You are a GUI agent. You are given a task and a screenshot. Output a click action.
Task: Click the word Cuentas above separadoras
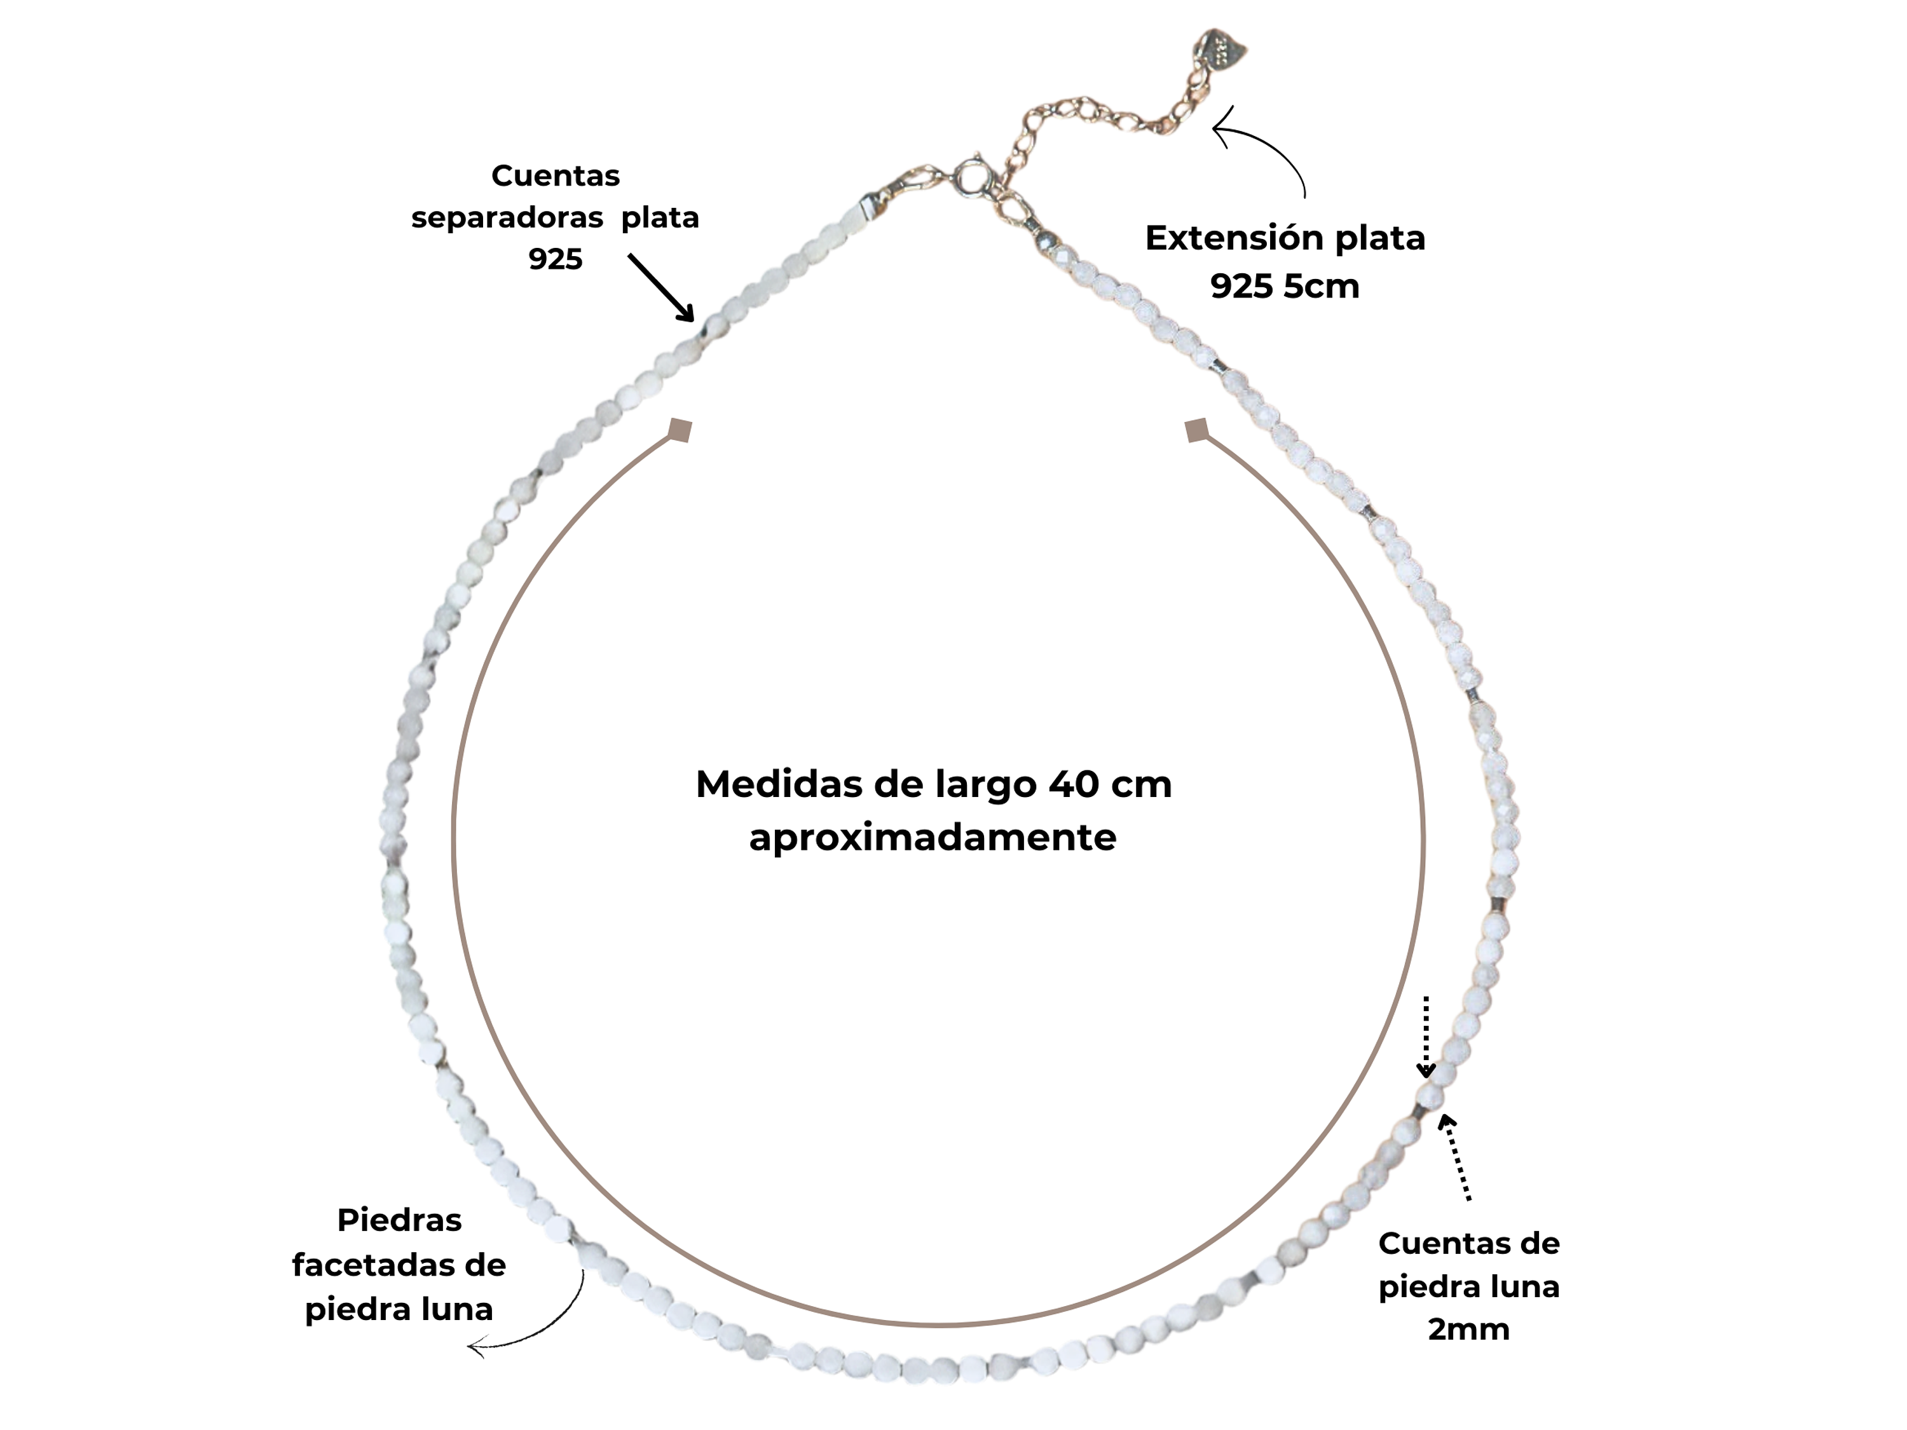pyautogui.click(x=555, y=176)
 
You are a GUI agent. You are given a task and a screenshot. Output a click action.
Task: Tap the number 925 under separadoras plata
pyautogui.click(x=555, y=259)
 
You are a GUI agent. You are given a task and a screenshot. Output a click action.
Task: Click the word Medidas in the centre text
pyautogui.click(x=763, y=784)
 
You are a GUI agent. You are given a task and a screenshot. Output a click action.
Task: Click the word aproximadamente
pyautogui.click(x=933, y=837)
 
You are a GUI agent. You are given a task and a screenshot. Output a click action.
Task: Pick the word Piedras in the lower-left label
pyautogui.click(x=399, y=1220)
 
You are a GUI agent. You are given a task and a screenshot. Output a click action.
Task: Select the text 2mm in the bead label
pyautogui.click(x=1469, y=1328)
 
